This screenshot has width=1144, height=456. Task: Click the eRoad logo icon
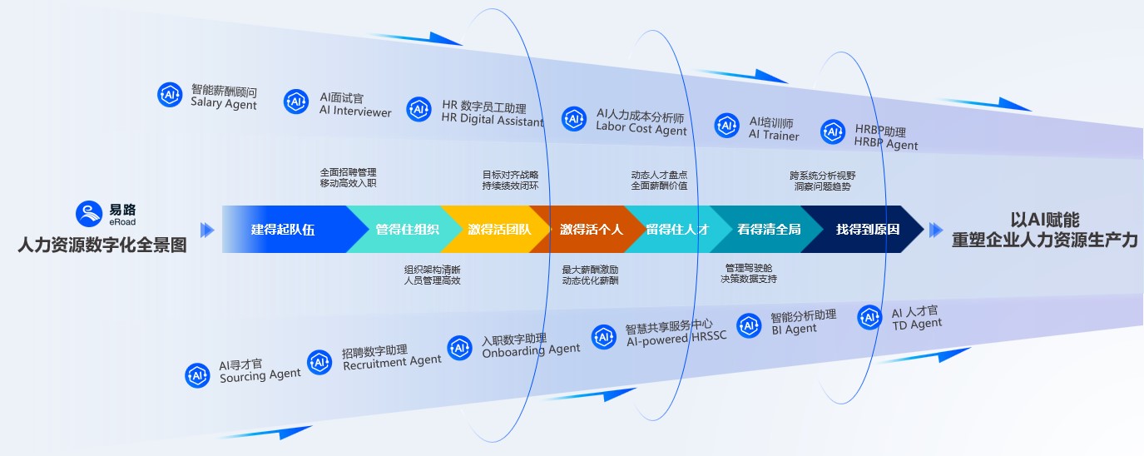click(x=87, y=214)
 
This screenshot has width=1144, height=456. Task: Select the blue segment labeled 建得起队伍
click(x=283, y=230)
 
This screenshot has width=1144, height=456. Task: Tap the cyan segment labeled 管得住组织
click(x=407, y=230)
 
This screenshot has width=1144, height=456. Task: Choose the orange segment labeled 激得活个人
click(x=591, y=230)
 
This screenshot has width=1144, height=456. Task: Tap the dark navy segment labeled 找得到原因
click(x=867, y=230)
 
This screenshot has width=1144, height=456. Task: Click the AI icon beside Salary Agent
click(x=170, y=95)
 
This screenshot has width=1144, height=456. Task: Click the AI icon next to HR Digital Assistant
click(x=418, y=109)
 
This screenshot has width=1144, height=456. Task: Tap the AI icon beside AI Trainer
click(x=726, y=126)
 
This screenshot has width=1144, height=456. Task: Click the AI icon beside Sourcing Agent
click(x=198, y=375)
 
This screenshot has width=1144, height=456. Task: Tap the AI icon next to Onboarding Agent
click(x=460, y=348)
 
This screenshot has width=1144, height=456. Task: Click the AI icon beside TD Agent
click(x=869, y=317)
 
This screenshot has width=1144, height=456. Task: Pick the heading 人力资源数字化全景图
click(x=102, y=245)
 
